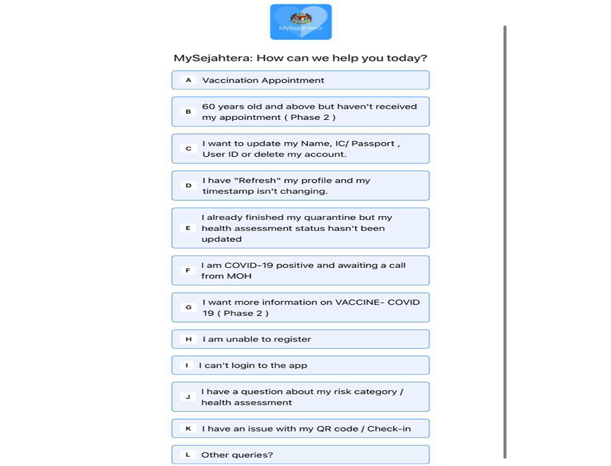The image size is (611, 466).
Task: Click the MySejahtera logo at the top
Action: click(301, 22)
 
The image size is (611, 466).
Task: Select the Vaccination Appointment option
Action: click(300, 80)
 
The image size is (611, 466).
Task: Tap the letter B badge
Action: click(188, 112)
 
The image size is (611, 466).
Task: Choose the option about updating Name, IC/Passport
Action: click(300, 149)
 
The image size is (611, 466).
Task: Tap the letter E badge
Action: click(188, 228)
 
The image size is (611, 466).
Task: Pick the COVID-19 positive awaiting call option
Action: click(300, 270)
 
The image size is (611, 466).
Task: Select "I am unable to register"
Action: click(300, 339)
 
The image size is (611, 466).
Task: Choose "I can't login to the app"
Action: click(300, 365)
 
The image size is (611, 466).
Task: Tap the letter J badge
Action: click(188, 397)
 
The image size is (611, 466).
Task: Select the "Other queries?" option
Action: click(300, 455)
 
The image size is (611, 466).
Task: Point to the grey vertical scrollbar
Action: click(505, 239)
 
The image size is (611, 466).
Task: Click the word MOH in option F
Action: click(239, 276)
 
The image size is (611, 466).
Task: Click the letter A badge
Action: click(188, 80)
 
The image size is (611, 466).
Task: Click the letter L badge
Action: click(188, 455)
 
